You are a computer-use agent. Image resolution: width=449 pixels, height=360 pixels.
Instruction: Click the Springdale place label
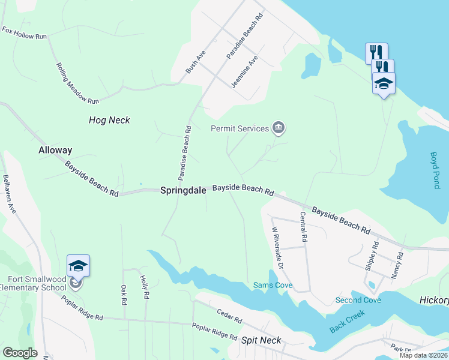(183, 190)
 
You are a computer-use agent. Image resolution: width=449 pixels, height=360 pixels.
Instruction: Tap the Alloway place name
(55, 150)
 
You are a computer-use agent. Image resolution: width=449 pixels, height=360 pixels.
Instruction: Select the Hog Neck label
(109, 120)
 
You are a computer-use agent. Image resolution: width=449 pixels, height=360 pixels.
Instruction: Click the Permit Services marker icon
(279, 128)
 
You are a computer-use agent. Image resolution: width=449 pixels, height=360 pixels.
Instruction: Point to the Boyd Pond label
(435, 170)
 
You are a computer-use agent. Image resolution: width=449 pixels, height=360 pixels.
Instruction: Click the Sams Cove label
(273, 285)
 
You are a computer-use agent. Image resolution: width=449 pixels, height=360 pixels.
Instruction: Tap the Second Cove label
(358, 300)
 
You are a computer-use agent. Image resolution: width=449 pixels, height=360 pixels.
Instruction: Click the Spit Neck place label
(261, 340)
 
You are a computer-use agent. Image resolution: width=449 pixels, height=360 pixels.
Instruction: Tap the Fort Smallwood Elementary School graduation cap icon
(78, 265)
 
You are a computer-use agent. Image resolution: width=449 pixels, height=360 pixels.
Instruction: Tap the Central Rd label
(304, 226)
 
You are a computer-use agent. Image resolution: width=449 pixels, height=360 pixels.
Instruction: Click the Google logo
(20, 353)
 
